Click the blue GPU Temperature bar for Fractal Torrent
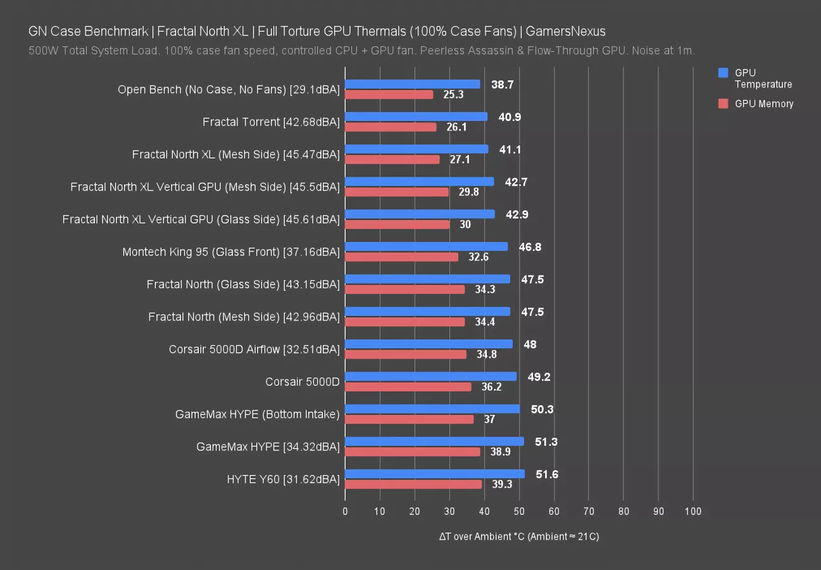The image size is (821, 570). click(x=416, y=117)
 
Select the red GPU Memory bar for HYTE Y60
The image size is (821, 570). click(x=413, y=484)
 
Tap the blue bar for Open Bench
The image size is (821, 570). click(x=412, y=84)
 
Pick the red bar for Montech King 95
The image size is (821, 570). click(x=401, y=257)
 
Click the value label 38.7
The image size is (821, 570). click(x=502, y=84)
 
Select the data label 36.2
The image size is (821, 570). click(x=491, y=387)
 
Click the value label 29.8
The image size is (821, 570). click(x=468, y=192)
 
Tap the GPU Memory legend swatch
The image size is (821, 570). click(x=724, y=104)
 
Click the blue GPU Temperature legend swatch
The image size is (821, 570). click(x=724, y=73)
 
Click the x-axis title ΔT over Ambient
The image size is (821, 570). click(x=519, y=536)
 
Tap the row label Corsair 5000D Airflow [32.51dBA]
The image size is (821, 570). click(x=254, y=349)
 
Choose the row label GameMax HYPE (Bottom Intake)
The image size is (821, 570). click(x=257, y=414)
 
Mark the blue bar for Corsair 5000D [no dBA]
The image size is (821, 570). click(x=430, y=376)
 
